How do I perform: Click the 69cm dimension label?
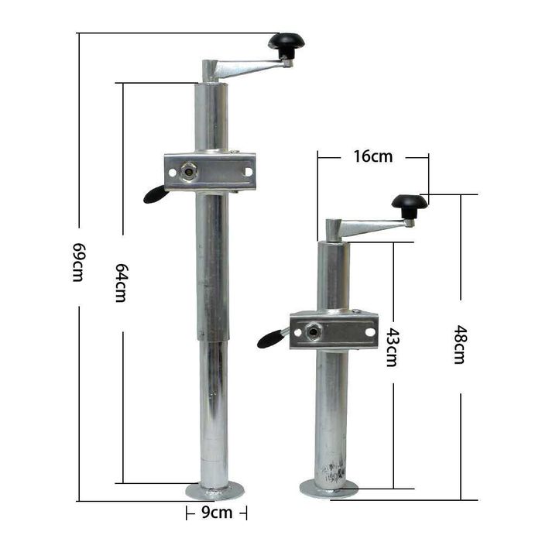(x=77, y=262)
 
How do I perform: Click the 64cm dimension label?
(x=121, y=282)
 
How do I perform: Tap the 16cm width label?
(x=372, y=156)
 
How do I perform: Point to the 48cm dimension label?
(x=459, y=345)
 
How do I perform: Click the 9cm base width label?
(x=217, y=512)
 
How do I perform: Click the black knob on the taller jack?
(x=286, y=43)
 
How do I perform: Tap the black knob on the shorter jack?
(x=409, y=204)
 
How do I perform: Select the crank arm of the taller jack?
(x=249, y=68)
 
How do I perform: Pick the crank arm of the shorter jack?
(x=372, y=227)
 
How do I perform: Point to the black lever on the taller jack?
(x=155, y=194)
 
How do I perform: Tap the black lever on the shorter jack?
(x=271, y=338)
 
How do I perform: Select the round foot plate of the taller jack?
(x=214, y=490)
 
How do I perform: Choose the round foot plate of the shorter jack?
(x=329, y=489)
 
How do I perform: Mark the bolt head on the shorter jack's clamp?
(x=312, y=331)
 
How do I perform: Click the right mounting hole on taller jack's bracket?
(x=248, y=171)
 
